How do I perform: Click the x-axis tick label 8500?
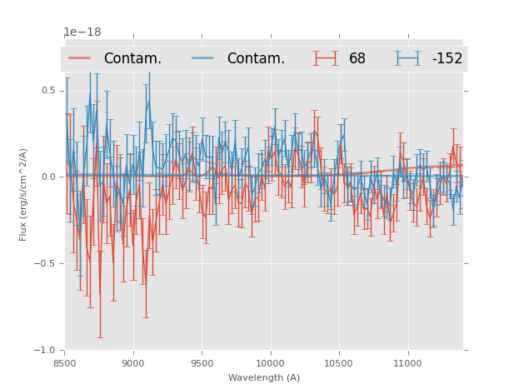[x=65, y=363]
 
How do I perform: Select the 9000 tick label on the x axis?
[x=133, y=363]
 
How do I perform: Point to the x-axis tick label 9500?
[x=202, y=363]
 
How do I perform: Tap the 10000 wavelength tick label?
[x=270, y=363]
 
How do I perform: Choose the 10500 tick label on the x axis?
[x=338, y=363]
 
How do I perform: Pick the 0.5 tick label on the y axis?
[x=48, y=91]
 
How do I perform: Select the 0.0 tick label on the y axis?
[x=48, y=177]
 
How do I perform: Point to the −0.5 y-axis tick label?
[x=46, y=264]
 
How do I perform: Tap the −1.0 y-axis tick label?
[x=46, y=351]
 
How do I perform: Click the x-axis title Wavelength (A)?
[x=264, y=377]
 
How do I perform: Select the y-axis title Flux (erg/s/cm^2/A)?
[x=24, y=194]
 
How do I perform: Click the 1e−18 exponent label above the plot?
[x=82, y=32]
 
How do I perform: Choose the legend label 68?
[x=357, y=59]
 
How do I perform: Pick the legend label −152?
[x=447, y=59]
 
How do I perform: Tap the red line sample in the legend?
[x=80, y=58]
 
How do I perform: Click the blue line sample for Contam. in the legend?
[x=203, y=58]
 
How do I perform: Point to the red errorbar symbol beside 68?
[x=326, y=58]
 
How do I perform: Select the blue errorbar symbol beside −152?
[x=407, y=58]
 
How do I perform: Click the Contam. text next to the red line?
[x=132, y=59]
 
